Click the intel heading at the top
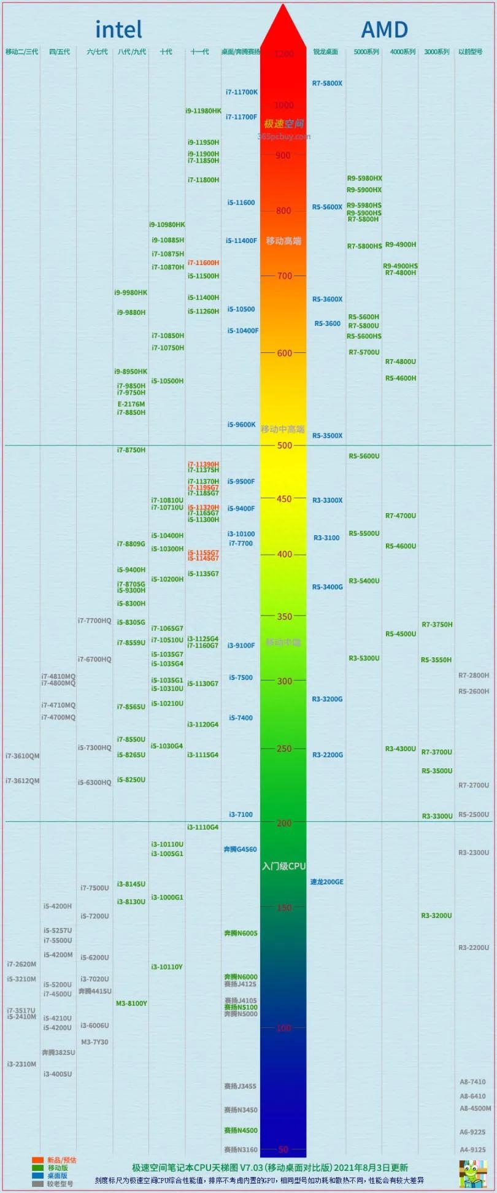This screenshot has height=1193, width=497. pos(118,29)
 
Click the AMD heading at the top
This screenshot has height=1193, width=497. pos(384,29)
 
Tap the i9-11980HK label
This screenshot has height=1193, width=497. pos(203,111)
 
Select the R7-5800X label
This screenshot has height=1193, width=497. pos(327,83)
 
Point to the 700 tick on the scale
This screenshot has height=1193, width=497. pos(284,276)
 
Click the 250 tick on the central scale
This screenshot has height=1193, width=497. pos(284,749)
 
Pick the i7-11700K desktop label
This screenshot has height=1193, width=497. pos(242,92)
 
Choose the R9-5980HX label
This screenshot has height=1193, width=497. pos(364,179)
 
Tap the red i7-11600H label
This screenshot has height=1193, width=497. pos(203,263)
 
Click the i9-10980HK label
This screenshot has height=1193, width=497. pos(167,225)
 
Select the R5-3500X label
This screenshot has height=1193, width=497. pos(327,436)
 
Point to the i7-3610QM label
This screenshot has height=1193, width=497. pos(22,756)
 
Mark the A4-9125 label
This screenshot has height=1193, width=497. pos(472,1149)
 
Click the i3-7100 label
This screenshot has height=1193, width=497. pos(241,814)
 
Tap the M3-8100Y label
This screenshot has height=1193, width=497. pos(131,1003)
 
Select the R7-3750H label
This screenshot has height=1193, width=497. pos(437,625)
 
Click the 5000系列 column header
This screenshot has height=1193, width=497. pos(366,52)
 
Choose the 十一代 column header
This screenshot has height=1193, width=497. pos(199,52)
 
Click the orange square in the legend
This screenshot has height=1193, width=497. pos(38,1160)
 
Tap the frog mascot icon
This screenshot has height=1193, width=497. pos(473,1173)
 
